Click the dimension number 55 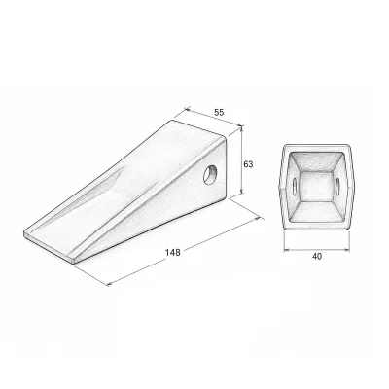click(219, 112)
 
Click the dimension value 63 click(248, 164)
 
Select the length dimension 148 click(173, 252)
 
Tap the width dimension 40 click(317, 257)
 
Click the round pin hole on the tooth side click(210, 174)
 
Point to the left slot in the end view click(295, 186)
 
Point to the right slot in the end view click(337, 186)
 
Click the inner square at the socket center click(316, 187)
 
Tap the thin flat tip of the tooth click(49, 243)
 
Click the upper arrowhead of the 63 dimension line click(241, 129)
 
